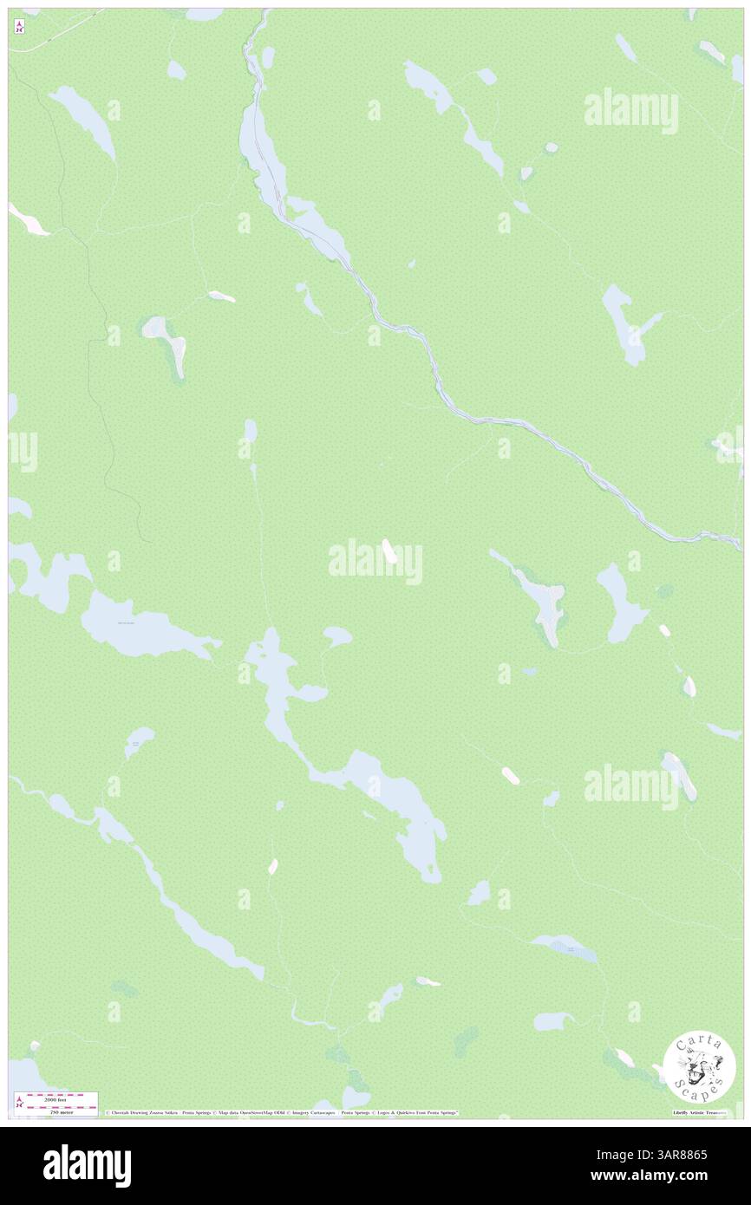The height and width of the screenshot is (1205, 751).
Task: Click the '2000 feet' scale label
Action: (56, 1099)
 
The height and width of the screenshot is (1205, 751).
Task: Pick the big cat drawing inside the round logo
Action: (699, 1066)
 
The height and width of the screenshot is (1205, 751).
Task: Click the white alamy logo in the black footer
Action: (87, 1165)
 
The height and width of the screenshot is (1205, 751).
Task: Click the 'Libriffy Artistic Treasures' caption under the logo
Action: (699, 1112)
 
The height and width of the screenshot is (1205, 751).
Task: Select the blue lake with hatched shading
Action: (565, 948)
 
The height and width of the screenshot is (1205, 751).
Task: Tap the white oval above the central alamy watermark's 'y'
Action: (389, 550)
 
